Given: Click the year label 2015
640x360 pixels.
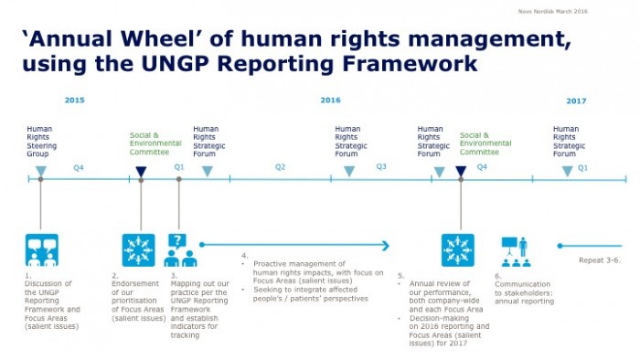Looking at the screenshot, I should click(x=74, y=101).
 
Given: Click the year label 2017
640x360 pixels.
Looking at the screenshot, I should click(x=576, y=101).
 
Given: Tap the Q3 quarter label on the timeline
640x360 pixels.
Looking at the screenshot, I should click(x=381, y=167).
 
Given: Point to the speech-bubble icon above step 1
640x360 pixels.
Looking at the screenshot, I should click(x=41, y=249).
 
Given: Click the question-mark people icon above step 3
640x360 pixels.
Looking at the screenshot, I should click(x=178, y=249).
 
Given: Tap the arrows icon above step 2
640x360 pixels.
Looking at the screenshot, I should click(x=138, y=249).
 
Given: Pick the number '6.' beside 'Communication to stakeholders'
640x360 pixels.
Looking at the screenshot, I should click(x=498, y=275).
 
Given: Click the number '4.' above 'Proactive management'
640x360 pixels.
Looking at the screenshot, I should click(x=244, y=254).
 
